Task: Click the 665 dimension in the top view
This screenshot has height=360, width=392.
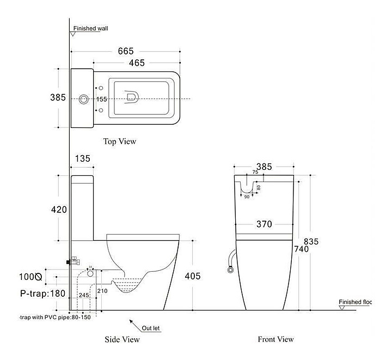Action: coord(125,51)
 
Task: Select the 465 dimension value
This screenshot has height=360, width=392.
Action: coord(137,63)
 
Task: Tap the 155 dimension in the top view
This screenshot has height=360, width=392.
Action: coord(102,99)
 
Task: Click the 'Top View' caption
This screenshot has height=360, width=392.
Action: coord(120,142)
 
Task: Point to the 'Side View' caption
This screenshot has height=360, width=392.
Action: coord(122,340)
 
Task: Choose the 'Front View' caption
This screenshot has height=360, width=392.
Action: coord(275,339)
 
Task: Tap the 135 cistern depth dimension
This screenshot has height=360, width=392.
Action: coord(82,158)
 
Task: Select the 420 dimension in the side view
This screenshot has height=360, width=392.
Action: coord(58,210)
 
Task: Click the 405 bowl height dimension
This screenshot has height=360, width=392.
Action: coord(192,276)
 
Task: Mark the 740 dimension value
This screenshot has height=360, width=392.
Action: coord(301,249)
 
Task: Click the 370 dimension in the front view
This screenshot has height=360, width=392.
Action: coord(265,224)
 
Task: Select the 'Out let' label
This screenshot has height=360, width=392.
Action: coord(150,328)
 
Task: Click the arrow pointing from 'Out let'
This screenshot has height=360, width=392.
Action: coord(132,323)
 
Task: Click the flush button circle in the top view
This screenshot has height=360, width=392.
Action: coord(83,99)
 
